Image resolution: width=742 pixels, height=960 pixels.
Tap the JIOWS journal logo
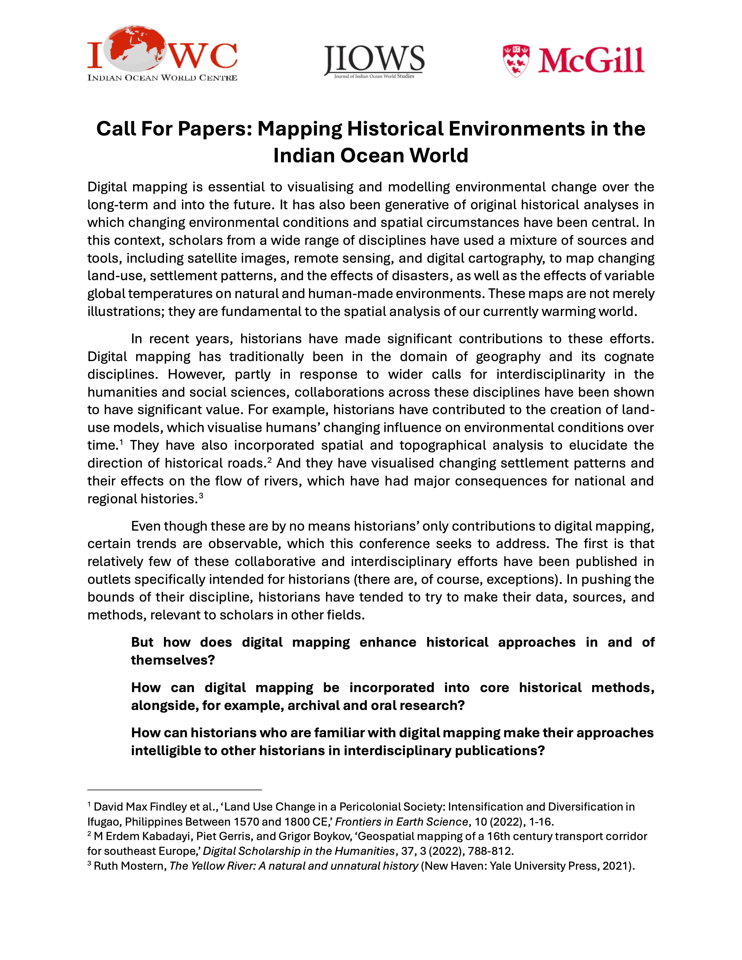tap(374, 62)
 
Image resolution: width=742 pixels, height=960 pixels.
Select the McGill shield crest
tap(516, 61)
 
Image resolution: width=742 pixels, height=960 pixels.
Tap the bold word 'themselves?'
tap(173, 660)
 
